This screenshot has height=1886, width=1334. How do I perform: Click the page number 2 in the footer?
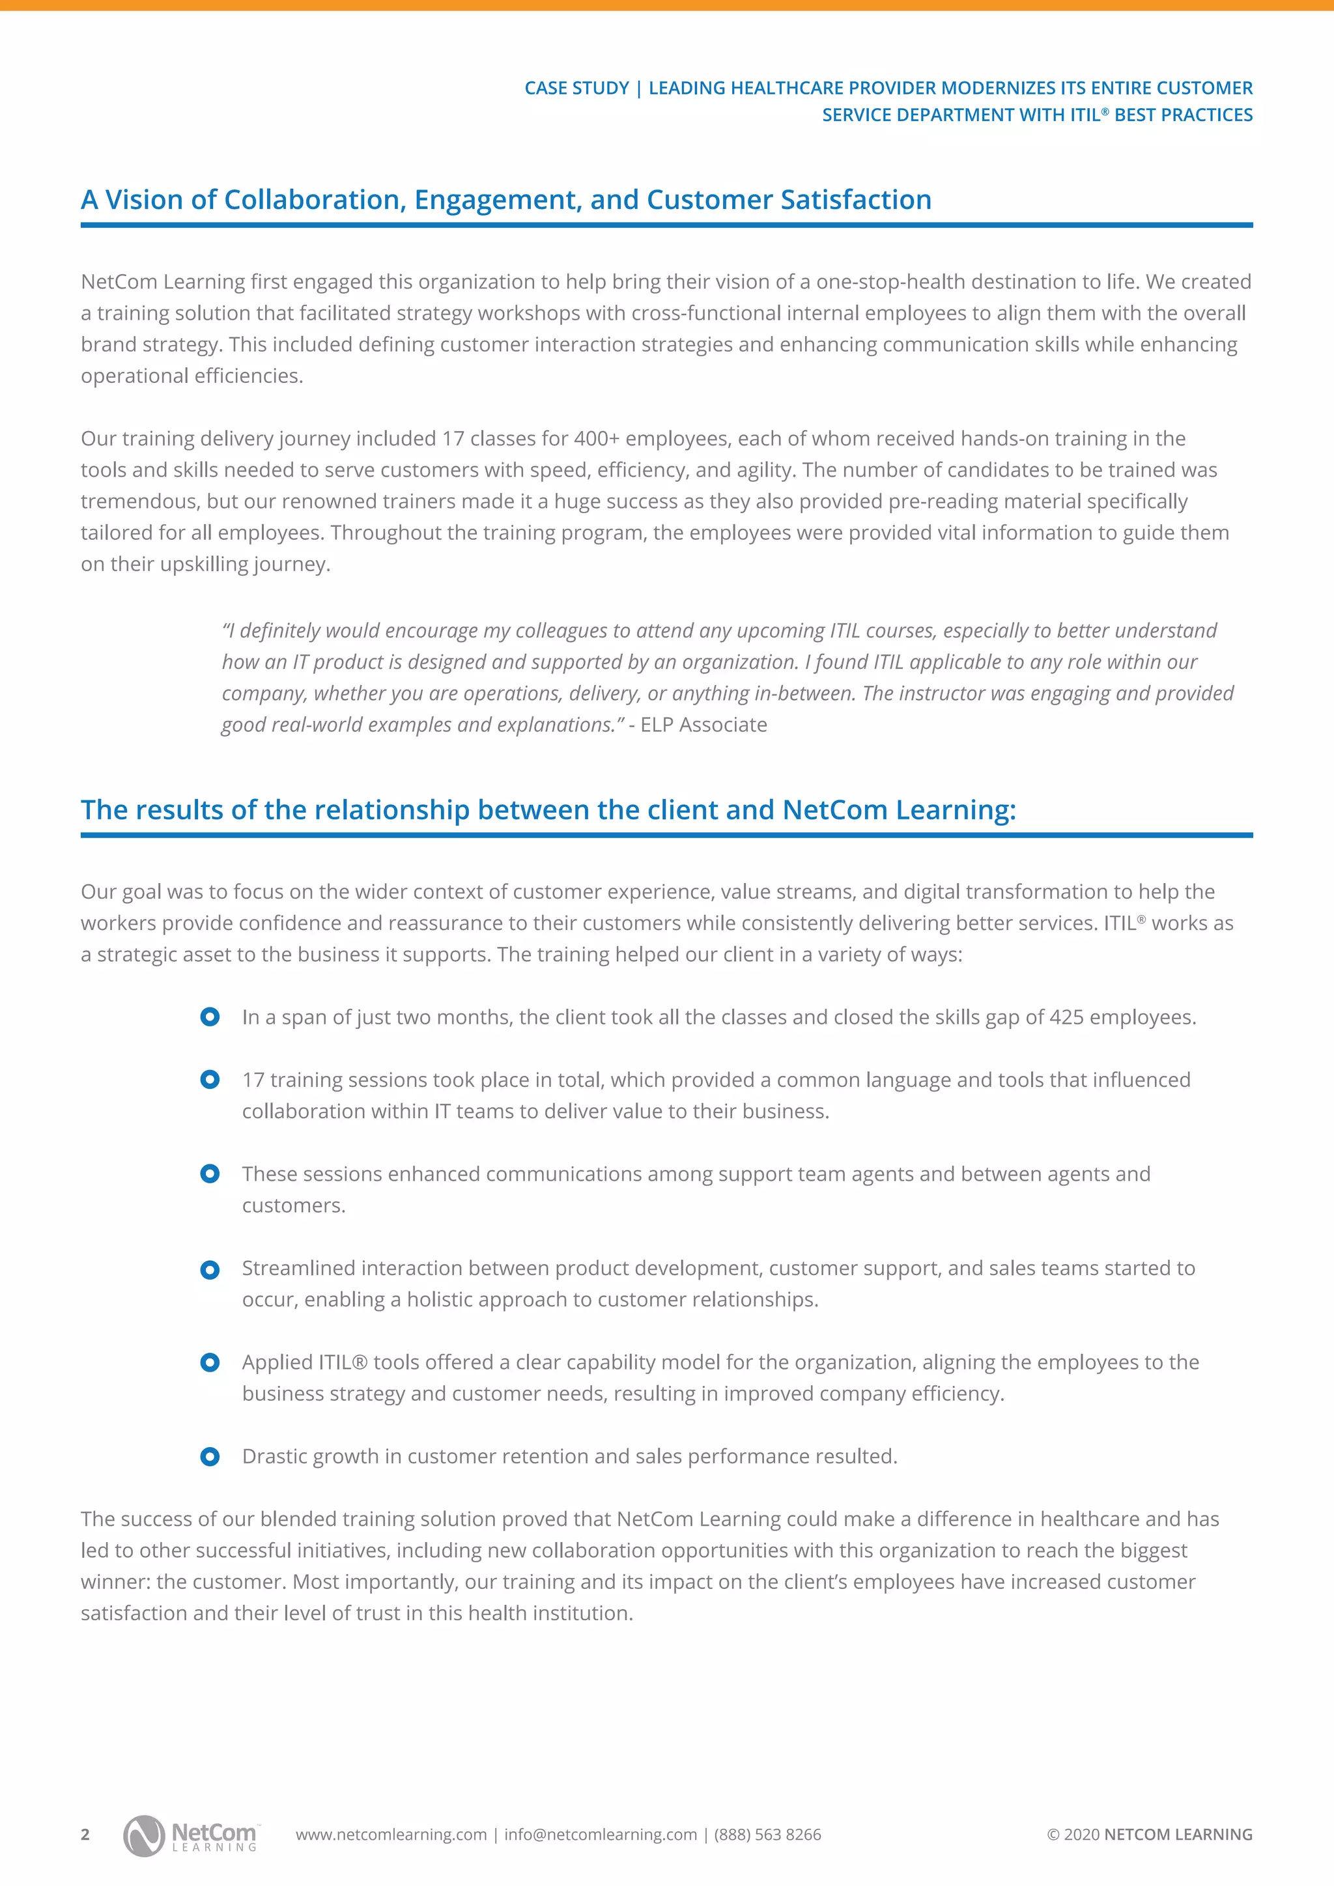coord(85,1835)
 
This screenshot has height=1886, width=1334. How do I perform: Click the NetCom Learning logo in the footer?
coord(190,1835)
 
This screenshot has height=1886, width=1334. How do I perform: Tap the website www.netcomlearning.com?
coord(391,1835)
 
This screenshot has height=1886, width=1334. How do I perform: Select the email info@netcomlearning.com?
coord(601,1835)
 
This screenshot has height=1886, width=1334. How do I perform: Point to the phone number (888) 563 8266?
coord(767,1835)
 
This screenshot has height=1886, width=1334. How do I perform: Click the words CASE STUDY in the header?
coord(576,88)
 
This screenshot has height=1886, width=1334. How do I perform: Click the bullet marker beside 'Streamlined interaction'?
coord(210,1270)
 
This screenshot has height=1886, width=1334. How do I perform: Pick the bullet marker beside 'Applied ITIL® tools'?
coord(210,1363)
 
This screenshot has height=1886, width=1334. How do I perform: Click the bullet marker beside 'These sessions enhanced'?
coord(210,1175)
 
